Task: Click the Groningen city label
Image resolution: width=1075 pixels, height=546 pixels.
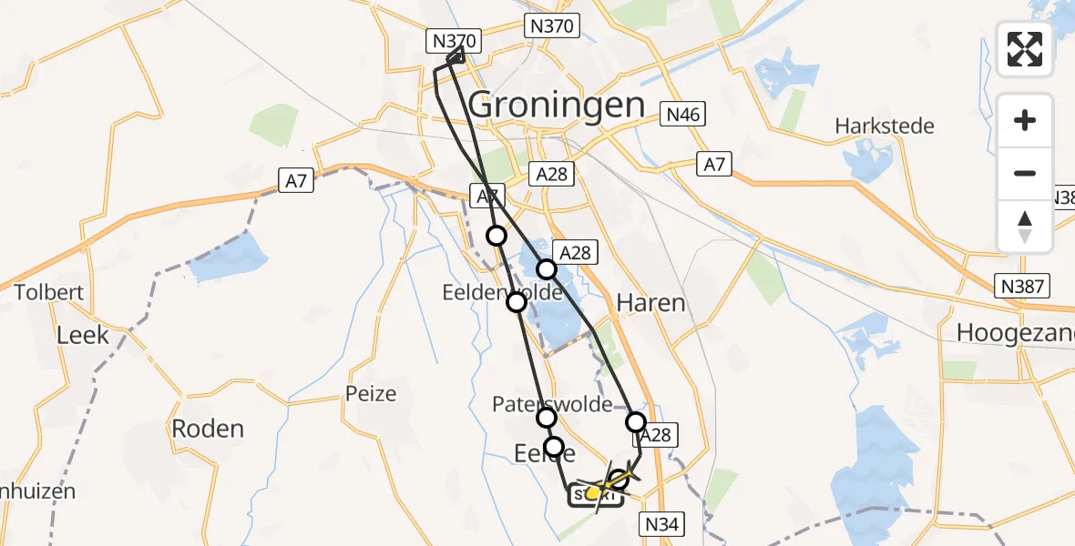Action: [557, 106]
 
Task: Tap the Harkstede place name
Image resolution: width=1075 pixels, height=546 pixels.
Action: [885, 126]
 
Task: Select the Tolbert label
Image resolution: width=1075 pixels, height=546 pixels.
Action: [49, 293]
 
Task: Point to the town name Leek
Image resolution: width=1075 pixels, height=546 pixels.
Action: [83, 334]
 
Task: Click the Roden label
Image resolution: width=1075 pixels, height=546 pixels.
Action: [209, 429]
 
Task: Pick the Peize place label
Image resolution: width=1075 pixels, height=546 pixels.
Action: [371, 394]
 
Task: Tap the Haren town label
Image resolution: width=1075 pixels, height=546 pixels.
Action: [650, 303]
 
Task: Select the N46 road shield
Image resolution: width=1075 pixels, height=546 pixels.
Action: [683, 115]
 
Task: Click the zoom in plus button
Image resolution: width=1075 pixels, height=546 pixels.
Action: [1025, 121]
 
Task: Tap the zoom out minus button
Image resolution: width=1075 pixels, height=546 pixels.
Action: [1025, 173]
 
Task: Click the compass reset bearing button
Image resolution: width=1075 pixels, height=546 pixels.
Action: [1025, 227]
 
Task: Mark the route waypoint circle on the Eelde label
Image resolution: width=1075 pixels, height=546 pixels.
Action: [554, 446]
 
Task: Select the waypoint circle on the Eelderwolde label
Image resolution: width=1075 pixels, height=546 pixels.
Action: [517, 301]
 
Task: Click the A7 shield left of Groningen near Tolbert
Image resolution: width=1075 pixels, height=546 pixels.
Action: [296, 181]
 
